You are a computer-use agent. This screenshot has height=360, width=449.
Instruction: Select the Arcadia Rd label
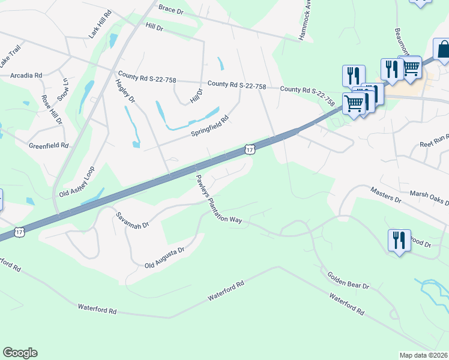26,76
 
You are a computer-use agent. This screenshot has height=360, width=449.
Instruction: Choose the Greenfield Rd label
49,146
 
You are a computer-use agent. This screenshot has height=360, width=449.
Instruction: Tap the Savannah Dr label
132,221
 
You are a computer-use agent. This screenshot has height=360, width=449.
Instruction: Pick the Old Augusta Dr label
164,257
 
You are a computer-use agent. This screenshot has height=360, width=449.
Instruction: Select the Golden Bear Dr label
348,280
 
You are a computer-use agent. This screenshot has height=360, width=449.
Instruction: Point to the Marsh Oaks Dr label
429,198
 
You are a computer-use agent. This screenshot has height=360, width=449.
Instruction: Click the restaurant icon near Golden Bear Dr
399,241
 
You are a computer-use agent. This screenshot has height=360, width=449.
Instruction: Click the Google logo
20,353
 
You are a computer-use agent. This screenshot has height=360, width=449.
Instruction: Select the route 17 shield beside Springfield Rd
249,149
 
